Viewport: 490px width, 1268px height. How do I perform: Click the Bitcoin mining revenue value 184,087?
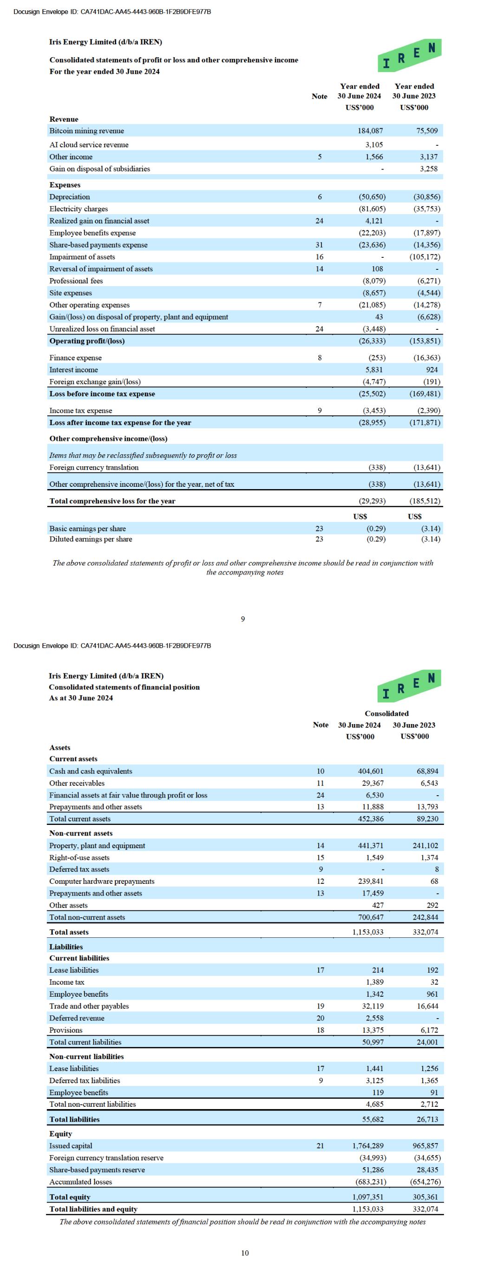370,131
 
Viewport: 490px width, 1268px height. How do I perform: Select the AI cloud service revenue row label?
89,145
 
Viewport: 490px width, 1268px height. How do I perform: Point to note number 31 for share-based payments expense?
319,245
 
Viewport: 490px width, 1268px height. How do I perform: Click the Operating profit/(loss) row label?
87,340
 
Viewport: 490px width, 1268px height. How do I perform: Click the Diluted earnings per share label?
91,539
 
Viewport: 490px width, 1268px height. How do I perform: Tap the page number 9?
243,619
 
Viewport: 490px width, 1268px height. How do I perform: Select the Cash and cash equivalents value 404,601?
370,771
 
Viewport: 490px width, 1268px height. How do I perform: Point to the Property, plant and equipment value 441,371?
370,845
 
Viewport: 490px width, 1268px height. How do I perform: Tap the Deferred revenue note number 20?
320,1018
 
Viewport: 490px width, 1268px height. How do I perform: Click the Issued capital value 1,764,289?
368,1145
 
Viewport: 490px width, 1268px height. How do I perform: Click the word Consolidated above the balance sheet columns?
386,713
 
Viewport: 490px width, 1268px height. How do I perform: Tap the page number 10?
245,1253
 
